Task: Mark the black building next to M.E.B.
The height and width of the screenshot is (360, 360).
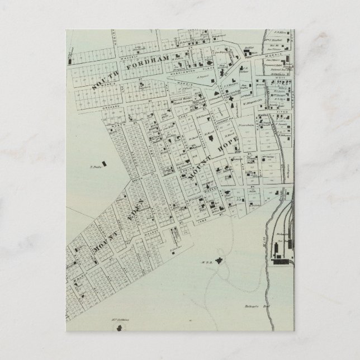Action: pyautogui.click(x=219, y=259)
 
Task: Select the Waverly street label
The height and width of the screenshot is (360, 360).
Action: pyautogui.click(x=133, y=55)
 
